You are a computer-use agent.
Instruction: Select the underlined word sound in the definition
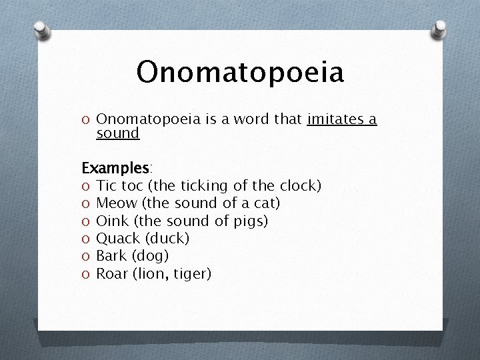click(x=118, y=133)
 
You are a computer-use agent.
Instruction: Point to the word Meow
click(x=117, y=203)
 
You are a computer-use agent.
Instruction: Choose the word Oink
click(x=113, y=220)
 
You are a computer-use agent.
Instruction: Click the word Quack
click(x=118, y=237)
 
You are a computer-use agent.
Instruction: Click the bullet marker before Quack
click(x=86, y=238)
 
